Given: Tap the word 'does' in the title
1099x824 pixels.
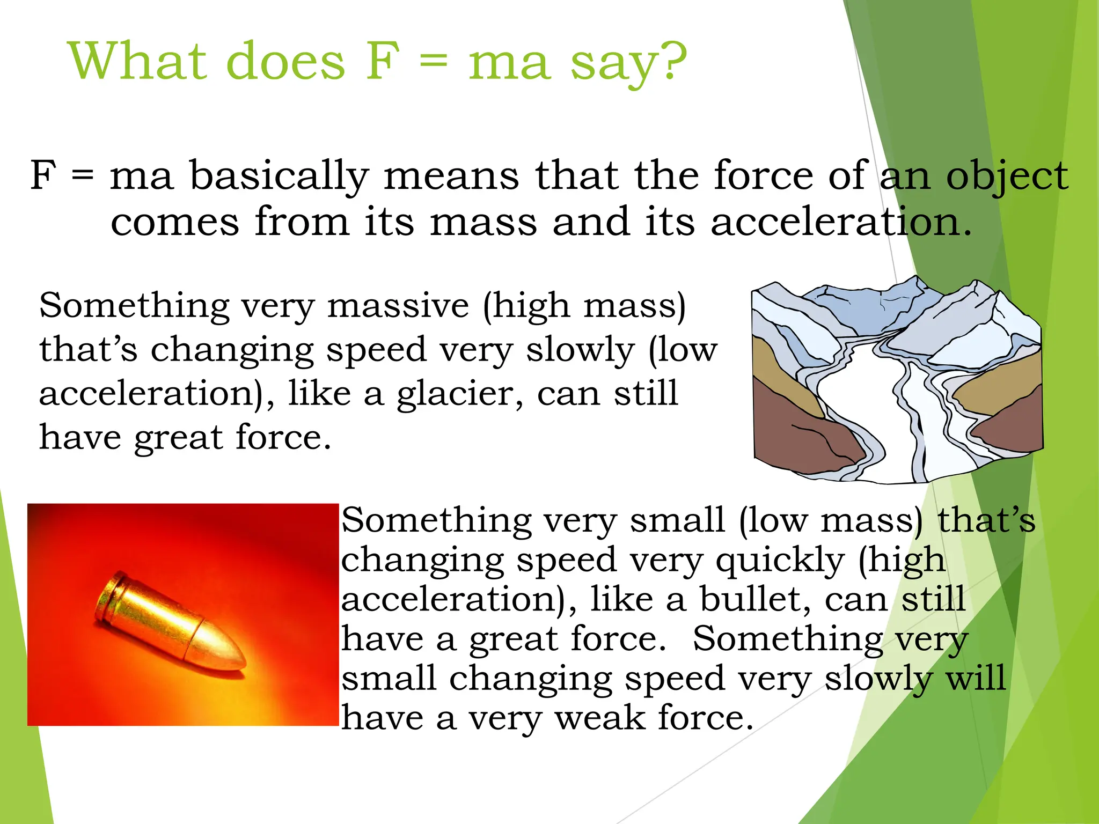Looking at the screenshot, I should pos(285,61).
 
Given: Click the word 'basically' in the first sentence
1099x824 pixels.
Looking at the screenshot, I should pos(280,176).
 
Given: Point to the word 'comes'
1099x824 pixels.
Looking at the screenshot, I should pos(175,222).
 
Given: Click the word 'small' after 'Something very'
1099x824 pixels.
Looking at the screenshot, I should pos(677,520).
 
